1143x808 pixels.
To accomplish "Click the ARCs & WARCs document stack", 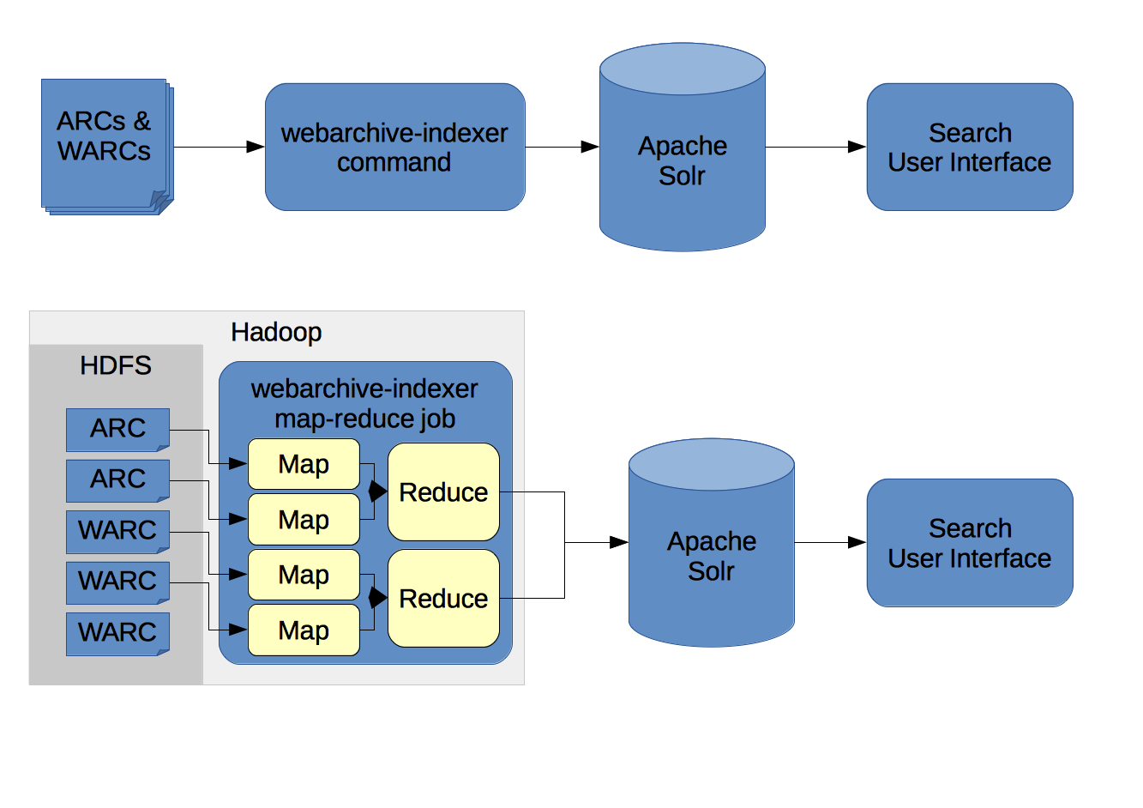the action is [107, 147].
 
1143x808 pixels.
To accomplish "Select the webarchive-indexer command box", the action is [395, 147].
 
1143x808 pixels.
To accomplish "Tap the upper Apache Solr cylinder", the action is [683, 147].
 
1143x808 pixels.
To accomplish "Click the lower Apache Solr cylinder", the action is [712, 543].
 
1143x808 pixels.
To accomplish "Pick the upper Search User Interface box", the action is [970, 147].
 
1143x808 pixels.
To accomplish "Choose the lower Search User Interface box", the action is [970, 543].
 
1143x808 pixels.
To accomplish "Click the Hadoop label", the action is [276, 332].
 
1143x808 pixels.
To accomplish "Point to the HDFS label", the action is [116, 365].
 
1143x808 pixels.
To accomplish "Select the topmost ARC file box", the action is [117, 430].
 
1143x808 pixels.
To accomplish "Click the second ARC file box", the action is [117, 481].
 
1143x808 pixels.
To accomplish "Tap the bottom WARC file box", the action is [117, 634].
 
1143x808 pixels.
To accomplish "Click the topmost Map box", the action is [304, 464].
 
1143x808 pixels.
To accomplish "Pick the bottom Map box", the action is [304, 630].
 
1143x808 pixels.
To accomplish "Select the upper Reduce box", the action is [443, 491].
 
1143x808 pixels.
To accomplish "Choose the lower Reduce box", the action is [443, 598].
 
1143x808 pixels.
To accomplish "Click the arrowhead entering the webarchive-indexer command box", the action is [256, 147].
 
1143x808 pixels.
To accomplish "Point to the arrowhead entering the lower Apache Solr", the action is [619, 543].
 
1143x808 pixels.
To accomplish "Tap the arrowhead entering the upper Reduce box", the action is [378, 491].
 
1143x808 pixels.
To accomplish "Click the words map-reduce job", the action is [364, 419].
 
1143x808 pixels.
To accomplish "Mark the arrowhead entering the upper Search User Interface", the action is [857, 147].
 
